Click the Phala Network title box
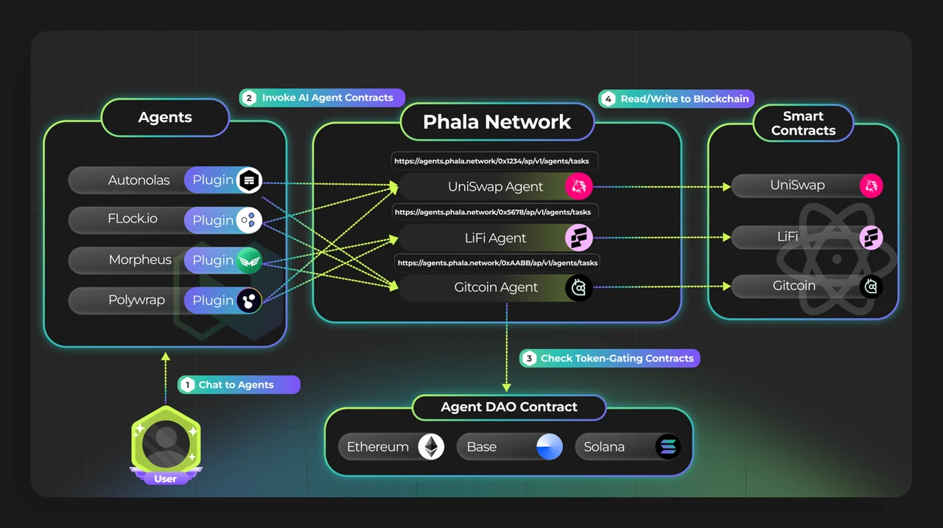tap(497, 122)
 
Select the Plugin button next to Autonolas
tap(213, 180)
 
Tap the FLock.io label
tap(133, 219)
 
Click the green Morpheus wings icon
tap(249, 260)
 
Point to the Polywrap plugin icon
tap(249, 300)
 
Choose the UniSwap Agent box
tap(495, 187)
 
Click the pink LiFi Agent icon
tap(578, 237)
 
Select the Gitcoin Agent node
tap(495, 287)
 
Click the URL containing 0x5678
tap(492, 212)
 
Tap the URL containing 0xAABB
tap(497, 262)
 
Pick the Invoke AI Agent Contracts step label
tap(321, 98)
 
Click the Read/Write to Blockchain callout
tap(676, 99)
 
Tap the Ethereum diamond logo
tap(431, 447)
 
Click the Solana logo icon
tap(668, 447)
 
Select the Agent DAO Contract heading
tap(509, 407)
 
